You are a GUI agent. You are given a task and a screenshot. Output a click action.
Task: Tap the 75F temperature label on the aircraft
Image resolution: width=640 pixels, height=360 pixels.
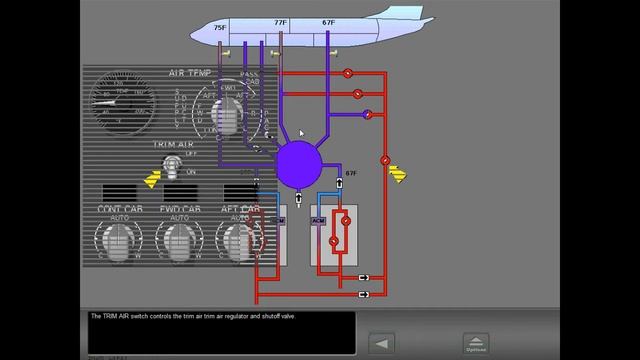(220, 29)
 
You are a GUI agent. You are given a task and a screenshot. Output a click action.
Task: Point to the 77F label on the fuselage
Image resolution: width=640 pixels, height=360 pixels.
(280, 21)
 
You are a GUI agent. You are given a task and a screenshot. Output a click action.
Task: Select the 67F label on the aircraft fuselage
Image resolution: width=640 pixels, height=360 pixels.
(329, 21)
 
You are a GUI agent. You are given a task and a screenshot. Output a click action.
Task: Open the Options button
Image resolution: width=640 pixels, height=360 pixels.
(476, 344)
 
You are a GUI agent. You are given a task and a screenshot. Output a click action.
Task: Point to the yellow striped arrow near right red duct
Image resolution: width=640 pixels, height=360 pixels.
(398, 176)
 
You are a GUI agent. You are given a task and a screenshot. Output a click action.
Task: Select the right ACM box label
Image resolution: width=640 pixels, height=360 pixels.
(319, 220)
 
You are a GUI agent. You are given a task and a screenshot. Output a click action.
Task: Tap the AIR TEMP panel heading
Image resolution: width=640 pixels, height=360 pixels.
(189, 74)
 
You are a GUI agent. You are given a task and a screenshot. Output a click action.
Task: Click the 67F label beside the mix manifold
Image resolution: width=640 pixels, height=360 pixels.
(350, 173)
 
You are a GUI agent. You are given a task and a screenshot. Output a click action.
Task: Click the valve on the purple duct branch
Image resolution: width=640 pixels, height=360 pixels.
(368, 115)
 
